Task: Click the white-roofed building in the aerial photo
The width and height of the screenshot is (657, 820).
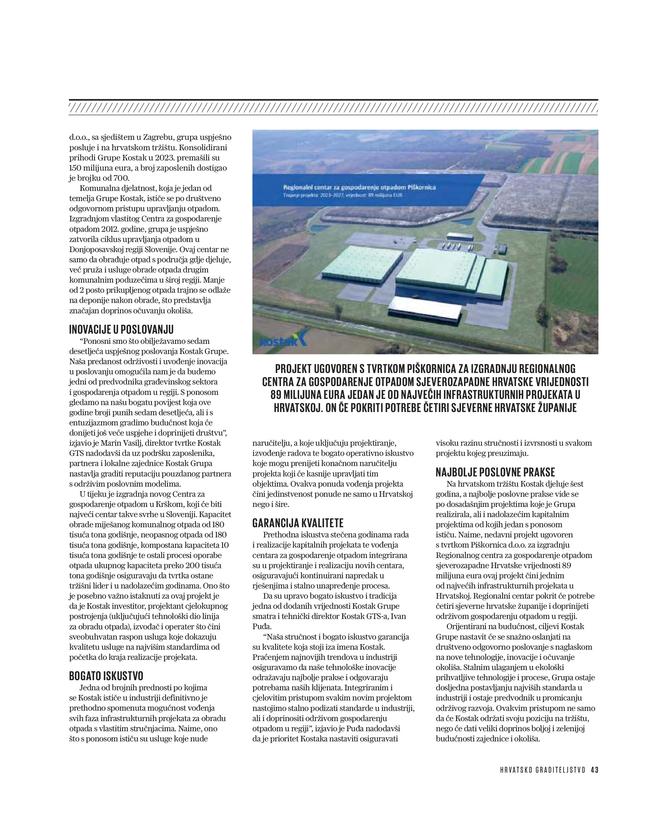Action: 425,308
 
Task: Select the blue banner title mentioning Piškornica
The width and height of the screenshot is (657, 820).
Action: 359,187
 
